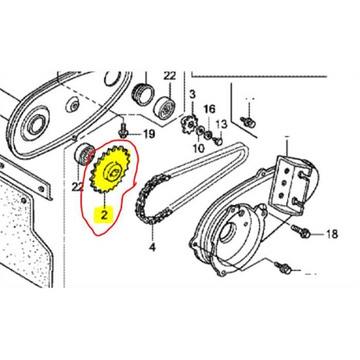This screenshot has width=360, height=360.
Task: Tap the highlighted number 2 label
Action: point(104,215)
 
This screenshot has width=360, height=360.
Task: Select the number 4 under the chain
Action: point(152,247)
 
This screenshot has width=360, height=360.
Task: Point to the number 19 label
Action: point(149,134)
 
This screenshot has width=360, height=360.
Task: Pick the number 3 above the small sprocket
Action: point(192,94)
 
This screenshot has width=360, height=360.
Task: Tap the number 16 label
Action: point(209,109)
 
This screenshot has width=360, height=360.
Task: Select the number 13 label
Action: point(221,124)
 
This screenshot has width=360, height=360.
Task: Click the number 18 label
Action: point(332,233)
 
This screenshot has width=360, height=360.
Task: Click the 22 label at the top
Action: point(169,75)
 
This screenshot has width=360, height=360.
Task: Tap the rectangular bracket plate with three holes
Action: point(293,182)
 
